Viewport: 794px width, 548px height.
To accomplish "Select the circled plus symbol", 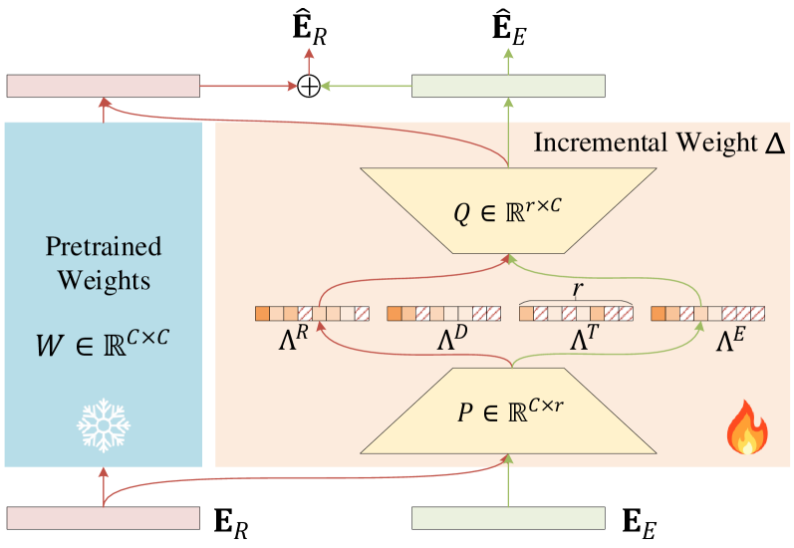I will (x=310, y=87).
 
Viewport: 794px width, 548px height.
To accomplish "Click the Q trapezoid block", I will (x=508, y=209).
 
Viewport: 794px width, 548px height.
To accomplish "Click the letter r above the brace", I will (x=577, y=289).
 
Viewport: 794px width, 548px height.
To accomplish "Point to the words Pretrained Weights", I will (x=104, y=263).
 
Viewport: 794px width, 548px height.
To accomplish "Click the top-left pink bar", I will (x=104, y=86).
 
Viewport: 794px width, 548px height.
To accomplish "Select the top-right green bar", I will (x=508, y=86).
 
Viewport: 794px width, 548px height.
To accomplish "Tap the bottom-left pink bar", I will (x=104, y=517).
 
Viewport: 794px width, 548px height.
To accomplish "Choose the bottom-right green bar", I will (x=508, y=517).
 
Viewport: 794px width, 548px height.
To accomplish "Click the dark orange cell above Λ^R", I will (x=262, y=314).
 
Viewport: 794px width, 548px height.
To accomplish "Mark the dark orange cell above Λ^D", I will (x=395, y=314).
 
